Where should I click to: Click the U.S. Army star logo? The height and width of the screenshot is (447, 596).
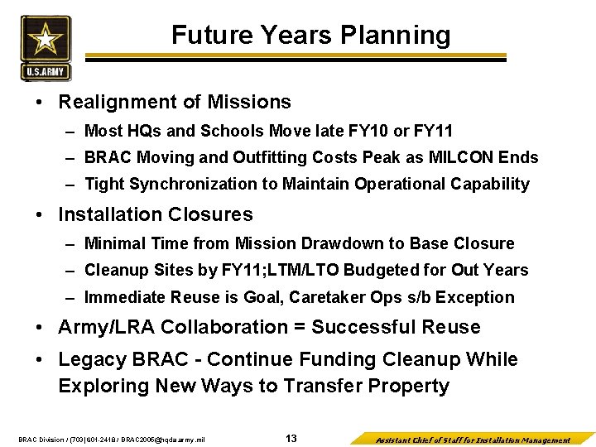[46, 48]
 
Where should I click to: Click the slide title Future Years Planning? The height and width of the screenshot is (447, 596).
[310, 35]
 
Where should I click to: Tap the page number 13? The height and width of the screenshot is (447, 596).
[291, 438]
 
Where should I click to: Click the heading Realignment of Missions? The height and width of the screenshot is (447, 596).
[175, 102]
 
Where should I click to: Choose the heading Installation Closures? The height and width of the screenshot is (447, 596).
[156, 214]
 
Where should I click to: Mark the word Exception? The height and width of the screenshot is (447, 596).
[479, 297]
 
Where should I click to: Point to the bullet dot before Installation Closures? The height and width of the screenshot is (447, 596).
[41, 215]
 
